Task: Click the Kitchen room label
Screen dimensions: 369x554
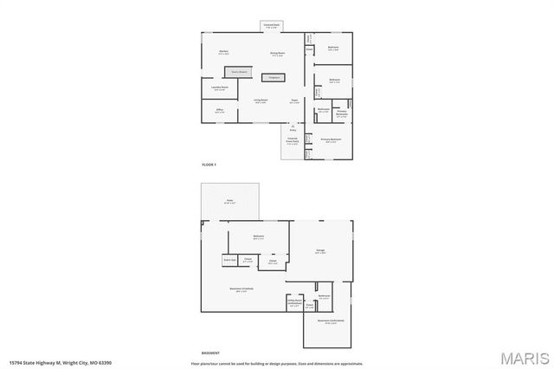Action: (222, 53)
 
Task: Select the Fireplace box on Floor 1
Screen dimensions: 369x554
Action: (274, 78)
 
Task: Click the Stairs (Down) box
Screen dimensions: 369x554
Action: (239, 72)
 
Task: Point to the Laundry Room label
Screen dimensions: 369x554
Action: (219, 88)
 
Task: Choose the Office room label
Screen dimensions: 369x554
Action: (219, 111)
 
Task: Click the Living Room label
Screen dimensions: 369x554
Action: (260, 101)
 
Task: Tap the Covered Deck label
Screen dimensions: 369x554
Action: (271, 26)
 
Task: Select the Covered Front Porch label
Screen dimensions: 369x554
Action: (292, 143)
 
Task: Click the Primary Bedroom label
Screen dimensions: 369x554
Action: (332, 139)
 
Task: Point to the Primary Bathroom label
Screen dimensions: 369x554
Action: (341, 113)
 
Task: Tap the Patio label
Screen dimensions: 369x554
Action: (230, 201)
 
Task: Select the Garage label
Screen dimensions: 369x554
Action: (320, 253)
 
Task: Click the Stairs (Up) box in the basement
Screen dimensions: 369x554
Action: (229, 259)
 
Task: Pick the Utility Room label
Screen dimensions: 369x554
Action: (295, 305)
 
